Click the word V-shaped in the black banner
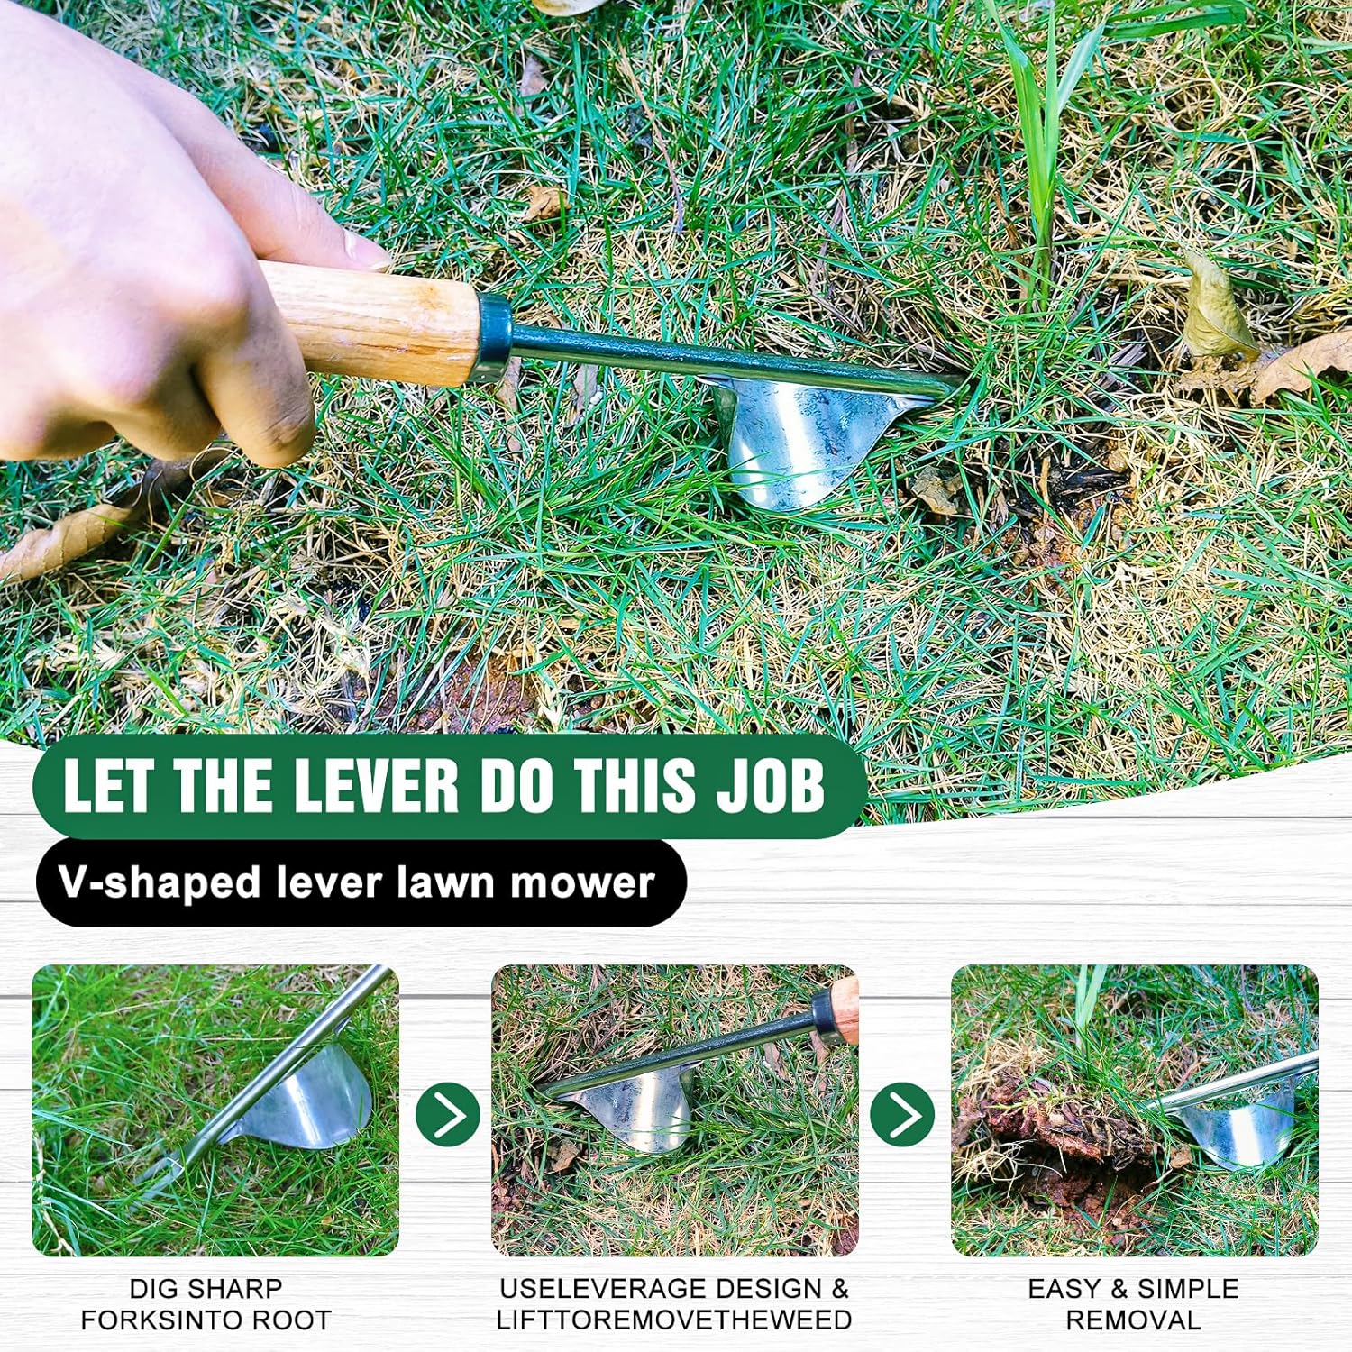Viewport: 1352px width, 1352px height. (161, 883)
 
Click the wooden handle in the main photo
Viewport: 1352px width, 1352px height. (369, 320)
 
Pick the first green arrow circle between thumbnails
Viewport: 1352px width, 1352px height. (448, 1115)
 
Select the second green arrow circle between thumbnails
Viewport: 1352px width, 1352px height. (902, 1115)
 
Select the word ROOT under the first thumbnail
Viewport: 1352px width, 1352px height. (290, 1320)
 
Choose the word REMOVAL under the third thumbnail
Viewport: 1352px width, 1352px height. (1133, 1320)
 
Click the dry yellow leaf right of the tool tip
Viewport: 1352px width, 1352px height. (1217, 306)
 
